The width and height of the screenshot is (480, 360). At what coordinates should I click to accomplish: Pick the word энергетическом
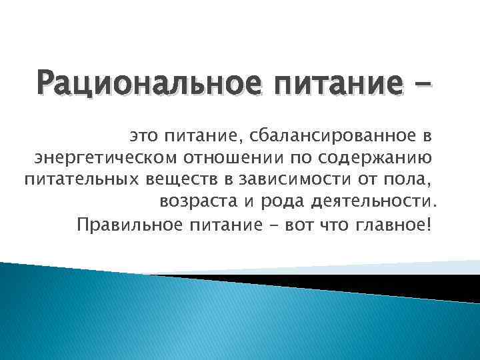click(105, 159)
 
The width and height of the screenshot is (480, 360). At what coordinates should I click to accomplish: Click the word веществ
click(180, 180)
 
